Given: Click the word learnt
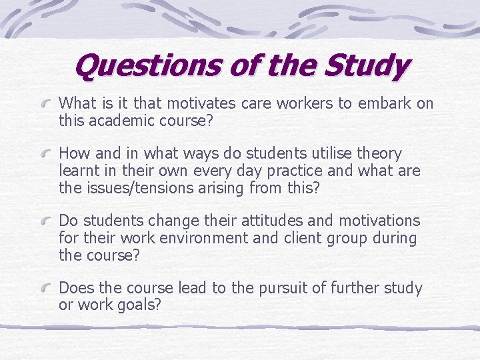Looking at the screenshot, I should [80, 171].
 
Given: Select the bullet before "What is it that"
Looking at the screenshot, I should [47, 105].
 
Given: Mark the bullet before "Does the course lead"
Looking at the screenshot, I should [47, 289].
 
